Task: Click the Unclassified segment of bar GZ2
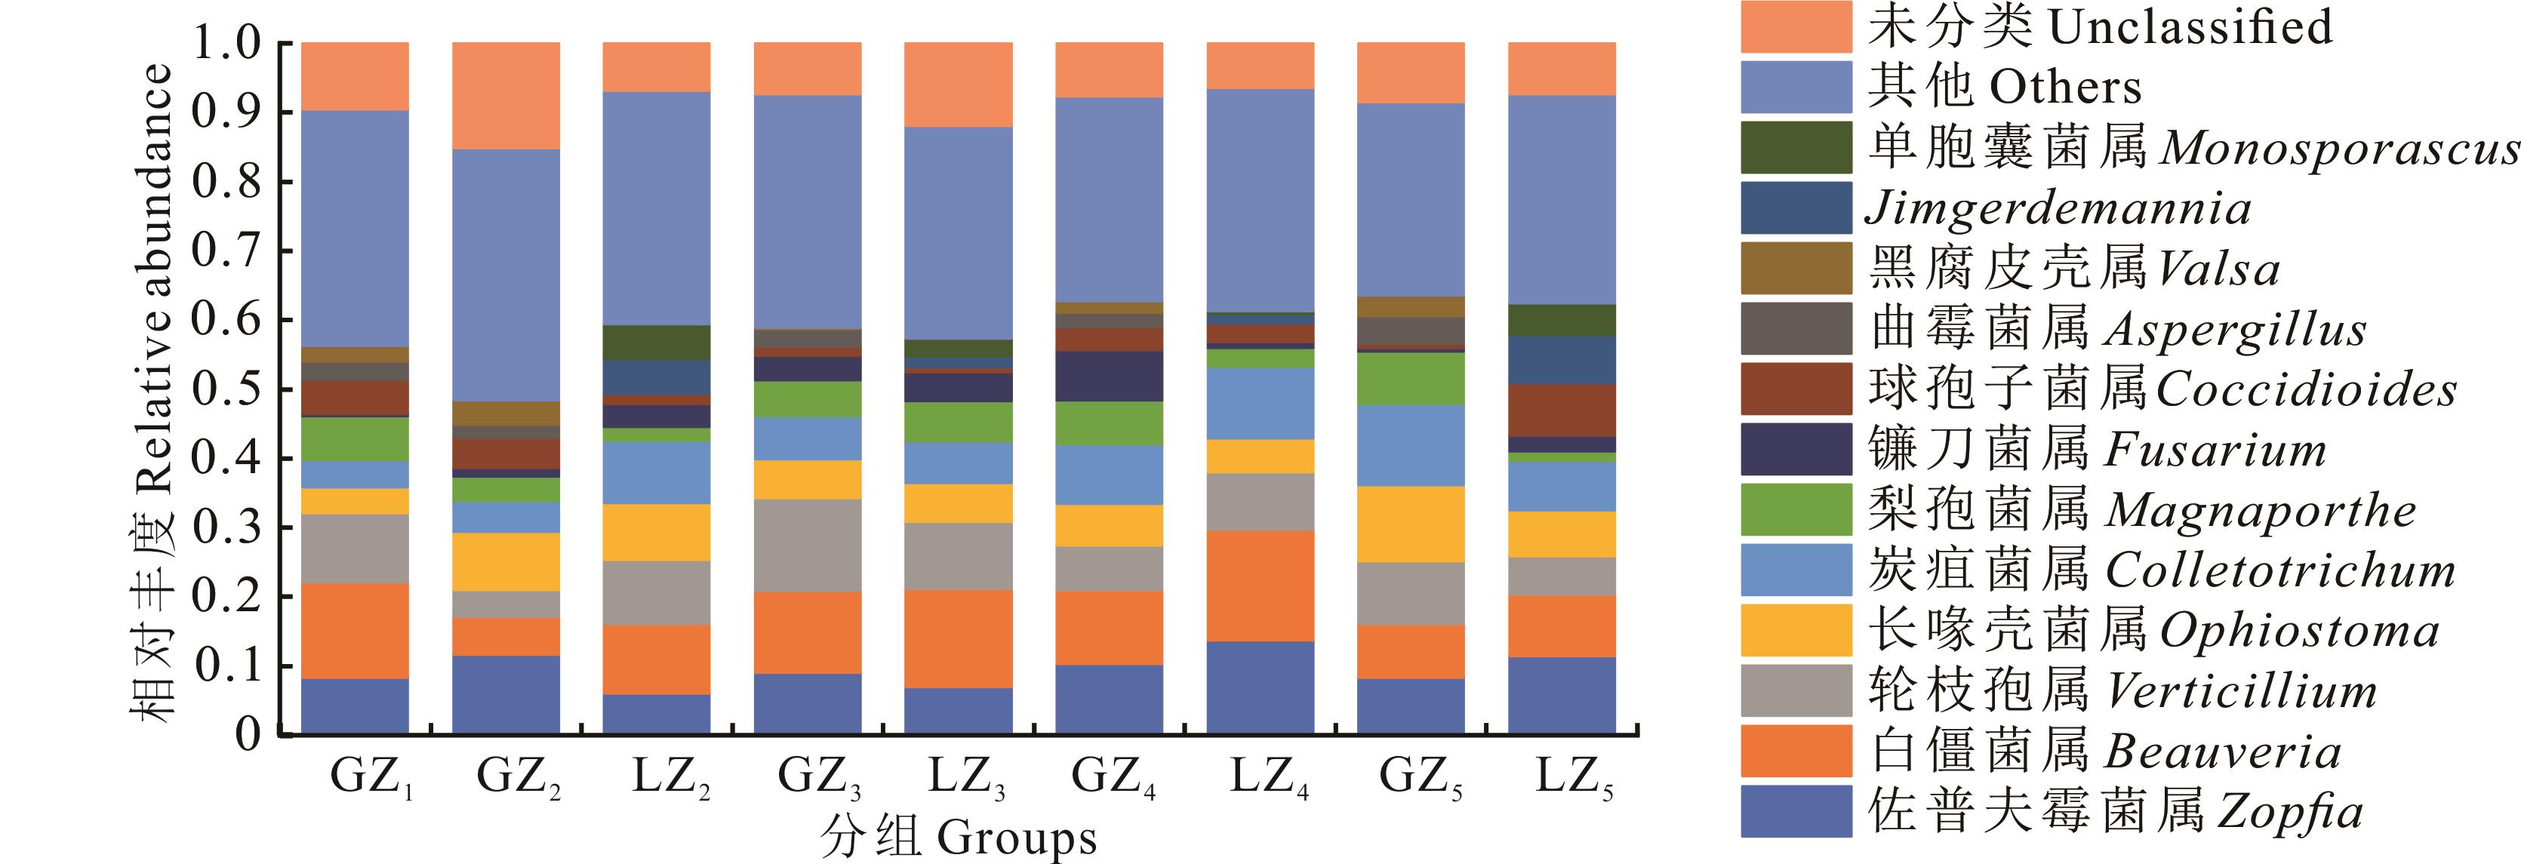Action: pyautogui.click(x=505, y=96)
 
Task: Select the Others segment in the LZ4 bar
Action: pyautogui.click(x=1260, y=201)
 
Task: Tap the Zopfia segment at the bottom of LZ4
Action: pyautogui.click(x=1260, y=687)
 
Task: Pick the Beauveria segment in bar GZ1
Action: pyautogui.click(x=356, y=631)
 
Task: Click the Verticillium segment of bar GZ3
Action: pyautogui.click(x=808, y=545)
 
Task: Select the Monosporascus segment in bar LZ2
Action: pyautogui.click(x=657, y=343)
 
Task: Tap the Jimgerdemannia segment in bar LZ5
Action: pyautogui.click(x=1561, y=360)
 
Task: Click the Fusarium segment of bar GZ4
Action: pyautogui.click(x=1109, y=377)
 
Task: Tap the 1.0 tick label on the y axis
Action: pyautogui.click(x=227, y=43)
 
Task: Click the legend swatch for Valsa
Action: pyautogui.click(x=1796, y=268)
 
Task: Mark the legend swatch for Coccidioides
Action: pyautogui.click(x=1796, y=389)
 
